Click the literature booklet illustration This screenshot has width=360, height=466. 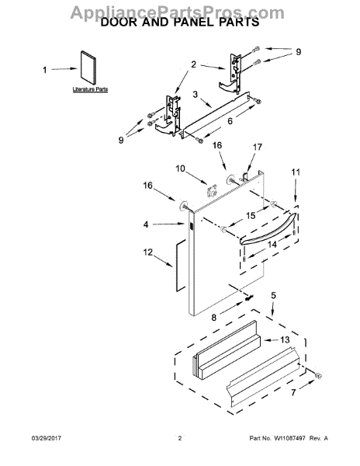[x=89, y=67]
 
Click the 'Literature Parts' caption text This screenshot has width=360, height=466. [x=89, y=90]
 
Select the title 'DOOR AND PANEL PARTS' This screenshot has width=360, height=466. [x=180, y=24]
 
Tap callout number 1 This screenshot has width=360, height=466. [x=44, y=70]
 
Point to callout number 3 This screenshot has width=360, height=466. [x=196, y=95]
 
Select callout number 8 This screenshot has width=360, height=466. [x=215, y=318]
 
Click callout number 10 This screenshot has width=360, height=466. [x=179, y=168]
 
